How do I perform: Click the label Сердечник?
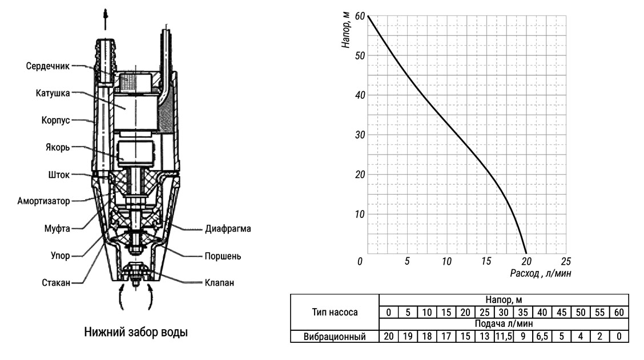tap(47, 66)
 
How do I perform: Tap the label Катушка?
tap(53, 93)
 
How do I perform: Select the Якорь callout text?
tap(58, 147)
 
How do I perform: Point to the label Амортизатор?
tap(43, 201)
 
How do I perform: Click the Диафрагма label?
tap(228, 229)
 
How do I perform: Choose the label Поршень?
tap(223, 256)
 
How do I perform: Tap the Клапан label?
tap(219, 283)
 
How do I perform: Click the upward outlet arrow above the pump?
tap(106, 19)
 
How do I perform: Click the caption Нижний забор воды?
tap(136, 331)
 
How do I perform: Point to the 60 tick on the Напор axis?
tap(360, 16)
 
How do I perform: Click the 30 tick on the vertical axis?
tap(360, 135)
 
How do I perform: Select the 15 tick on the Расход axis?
tap(486, 261)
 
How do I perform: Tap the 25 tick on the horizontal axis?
tap(566, 261)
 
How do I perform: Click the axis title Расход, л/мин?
tap(541, 273)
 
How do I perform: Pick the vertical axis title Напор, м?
tap(346, 30)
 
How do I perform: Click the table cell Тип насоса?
tap(335, 313)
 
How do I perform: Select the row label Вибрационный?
tap(335, 337)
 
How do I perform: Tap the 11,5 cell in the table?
tap(504, 337)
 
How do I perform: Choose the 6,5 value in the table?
tap(542, 337)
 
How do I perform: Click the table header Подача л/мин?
tap(504, 323)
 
